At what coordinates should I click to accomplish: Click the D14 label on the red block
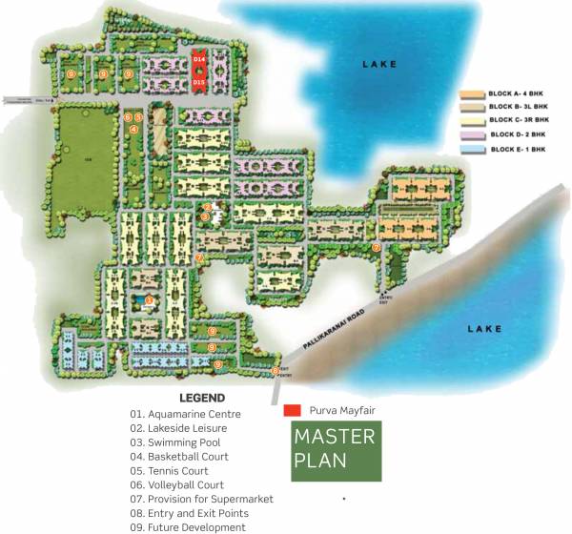click(199, 59)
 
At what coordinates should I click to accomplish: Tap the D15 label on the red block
click(199, 83)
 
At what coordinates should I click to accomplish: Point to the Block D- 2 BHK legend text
click(520, 135)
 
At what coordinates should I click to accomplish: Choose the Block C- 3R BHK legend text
click(520, 121)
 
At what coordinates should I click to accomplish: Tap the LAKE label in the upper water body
click(378, 64)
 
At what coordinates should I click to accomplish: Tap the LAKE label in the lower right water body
click(483, 329)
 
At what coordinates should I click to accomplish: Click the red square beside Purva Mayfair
click(293, 412)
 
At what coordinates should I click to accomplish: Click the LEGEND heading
click(202, 398)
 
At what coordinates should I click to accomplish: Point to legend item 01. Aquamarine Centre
click(186, 414)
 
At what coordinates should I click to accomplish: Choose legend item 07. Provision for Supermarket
click(202, 499)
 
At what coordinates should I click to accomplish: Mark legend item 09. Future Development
click(188, 527)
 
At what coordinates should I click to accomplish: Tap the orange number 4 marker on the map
click(134, 129)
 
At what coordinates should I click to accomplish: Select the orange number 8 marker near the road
click(276, 370)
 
